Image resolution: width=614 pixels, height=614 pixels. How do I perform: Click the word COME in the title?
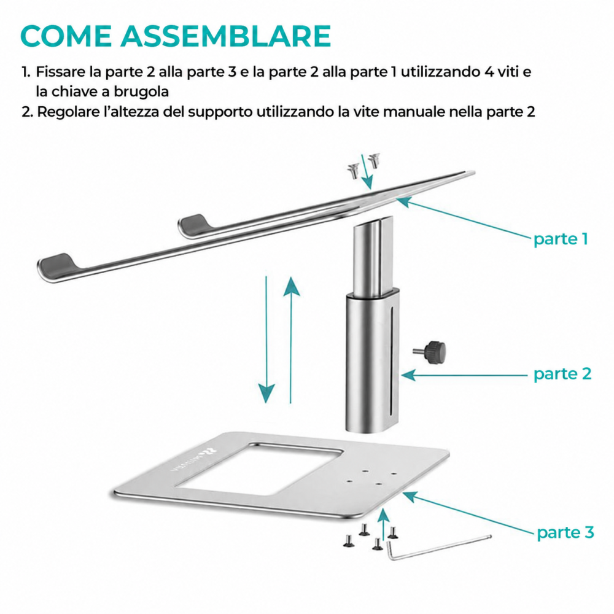(66, 36)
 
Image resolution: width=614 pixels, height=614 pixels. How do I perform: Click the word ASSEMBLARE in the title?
(225, 36)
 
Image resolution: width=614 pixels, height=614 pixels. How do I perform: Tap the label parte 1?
(561, 239)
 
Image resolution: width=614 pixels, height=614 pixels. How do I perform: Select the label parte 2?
(562, 375)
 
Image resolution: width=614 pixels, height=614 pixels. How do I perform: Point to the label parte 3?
(565, 532)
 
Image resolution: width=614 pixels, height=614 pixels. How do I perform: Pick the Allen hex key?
(438, 548)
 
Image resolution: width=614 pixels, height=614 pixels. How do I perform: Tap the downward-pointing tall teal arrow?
(266, 339)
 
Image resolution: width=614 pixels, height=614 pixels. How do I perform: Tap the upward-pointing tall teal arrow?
(291, 339)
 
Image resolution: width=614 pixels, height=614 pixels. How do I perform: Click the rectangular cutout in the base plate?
(259, 469)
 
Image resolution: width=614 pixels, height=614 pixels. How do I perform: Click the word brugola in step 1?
(141, 91)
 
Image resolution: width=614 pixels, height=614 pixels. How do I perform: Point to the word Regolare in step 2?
(69, 112)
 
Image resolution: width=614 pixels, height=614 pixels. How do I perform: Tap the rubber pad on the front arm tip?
(59, 262)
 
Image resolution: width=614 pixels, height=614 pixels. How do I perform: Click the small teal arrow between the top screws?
(367, 171)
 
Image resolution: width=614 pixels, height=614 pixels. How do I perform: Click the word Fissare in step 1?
(61, 72)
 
